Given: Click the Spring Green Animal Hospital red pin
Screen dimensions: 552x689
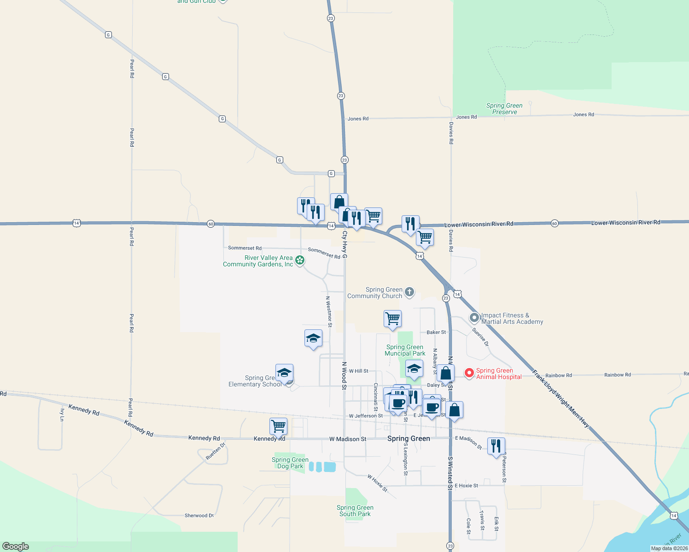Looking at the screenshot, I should click(x=469, y=373).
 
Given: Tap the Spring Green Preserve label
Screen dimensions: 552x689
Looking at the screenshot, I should click(x=504, y=109).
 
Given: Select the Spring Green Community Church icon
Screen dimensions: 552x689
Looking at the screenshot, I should click(x=409, y=292).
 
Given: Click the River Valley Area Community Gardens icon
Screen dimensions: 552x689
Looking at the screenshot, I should click(x=300, y=261).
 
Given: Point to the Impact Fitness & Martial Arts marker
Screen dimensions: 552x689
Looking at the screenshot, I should click(x=474, y=318).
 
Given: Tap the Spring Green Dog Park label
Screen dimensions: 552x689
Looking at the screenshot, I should click(x=290, y=463).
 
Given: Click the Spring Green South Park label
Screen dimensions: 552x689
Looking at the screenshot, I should click(x=355, y=511).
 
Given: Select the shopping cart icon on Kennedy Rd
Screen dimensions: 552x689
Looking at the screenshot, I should click(x=279, y=426).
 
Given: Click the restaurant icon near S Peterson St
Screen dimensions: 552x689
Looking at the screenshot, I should click(x=496, y=446).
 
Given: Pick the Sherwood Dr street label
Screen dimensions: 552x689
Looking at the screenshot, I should click(x=199, y=516).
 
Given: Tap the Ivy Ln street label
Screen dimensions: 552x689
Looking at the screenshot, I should click(x=62, y=415).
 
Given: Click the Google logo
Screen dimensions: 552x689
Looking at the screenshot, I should click(x=16, y=546).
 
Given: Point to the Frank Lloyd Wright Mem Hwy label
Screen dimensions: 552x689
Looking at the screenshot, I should click(x=561, y=399).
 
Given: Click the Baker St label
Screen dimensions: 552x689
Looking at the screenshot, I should click(x=436, y=332).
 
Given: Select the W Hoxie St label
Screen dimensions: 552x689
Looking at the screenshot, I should click(x=378, y=483).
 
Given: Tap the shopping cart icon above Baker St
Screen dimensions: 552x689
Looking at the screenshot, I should click(x=392, y=318).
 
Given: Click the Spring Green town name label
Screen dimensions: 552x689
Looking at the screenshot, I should click(x=409, y=438).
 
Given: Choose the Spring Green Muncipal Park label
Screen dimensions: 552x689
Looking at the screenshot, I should click(x=405, y=351).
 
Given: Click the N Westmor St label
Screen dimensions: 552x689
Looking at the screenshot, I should click(x=329, y=311).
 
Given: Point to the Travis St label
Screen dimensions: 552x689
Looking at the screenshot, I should click(x=482, y=520).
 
